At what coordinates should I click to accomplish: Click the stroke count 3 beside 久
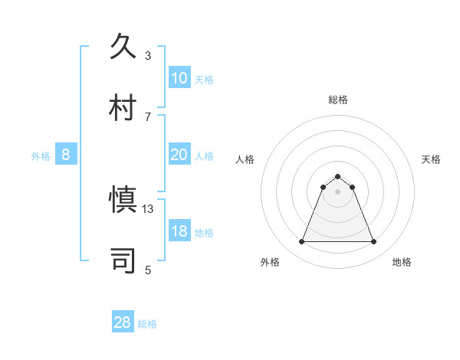tap(148, 55)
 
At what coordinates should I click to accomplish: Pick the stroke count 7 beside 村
tap(148, 116)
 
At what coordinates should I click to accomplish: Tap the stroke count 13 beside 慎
tap(148, 209)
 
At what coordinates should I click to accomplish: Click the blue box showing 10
tap(179, 77)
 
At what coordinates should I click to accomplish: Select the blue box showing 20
tap(179, 155)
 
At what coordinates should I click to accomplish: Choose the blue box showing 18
tap(179, 231)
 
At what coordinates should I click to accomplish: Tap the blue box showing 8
tap(66, 155)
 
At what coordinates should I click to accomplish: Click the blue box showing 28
tap(122, 322)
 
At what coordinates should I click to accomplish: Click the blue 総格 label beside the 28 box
tap(147, 324)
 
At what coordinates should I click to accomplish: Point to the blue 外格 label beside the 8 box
tap(41, 156)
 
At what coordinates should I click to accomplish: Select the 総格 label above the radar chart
tap(337, 100)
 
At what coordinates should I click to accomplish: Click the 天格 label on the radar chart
tap(431, 159)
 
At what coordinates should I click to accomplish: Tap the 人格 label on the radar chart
tap(245, 159)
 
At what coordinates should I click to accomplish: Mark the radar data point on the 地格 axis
tap(373, 242)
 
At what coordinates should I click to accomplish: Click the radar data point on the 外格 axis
tap(301, 242)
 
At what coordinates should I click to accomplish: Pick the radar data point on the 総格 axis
tap(337, 176)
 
